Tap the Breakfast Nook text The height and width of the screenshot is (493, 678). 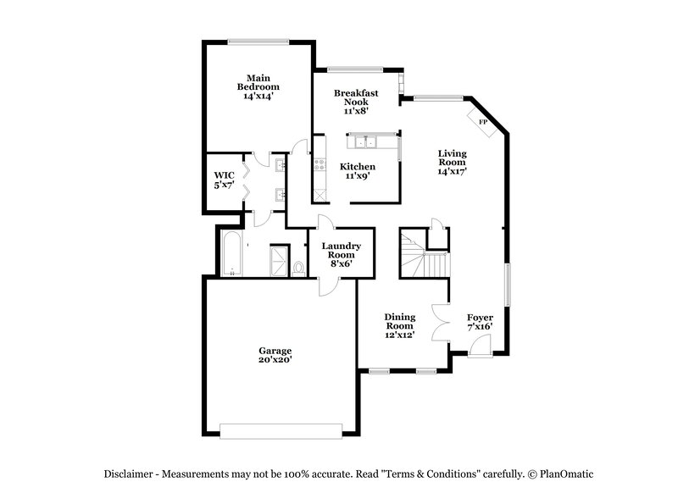coord(355,102)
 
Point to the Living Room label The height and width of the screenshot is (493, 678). coord(452,162)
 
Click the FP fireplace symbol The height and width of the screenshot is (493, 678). coord(483,123)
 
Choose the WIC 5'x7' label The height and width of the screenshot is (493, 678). coord(223,180)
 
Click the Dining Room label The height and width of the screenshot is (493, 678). coord(399,325)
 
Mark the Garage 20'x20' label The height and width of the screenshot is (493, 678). coord(275,355)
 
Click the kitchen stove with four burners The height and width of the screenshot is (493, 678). coord(320,163)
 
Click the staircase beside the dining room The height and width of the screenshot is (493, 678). coord(420,252)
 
